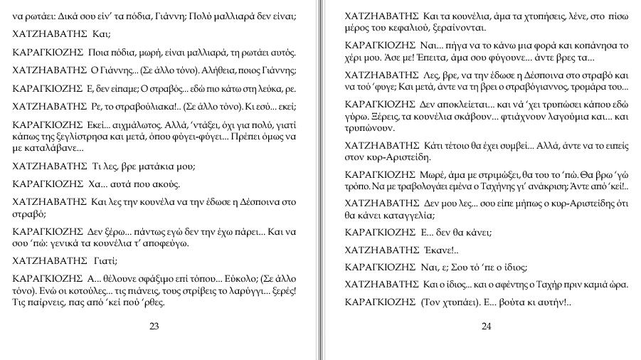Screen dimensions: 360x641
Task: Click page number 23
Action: pyautogui.click(x=154, y=327)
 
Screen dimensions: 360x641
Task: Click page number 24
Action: pyautogui.click(x=486, y=327)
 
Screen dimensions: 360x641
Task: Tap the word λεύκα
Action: pyautogui.click(x=265, y=90)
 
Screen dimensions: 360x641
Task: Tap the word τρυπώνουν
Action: pyautogui.click(x=368, y=129)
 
